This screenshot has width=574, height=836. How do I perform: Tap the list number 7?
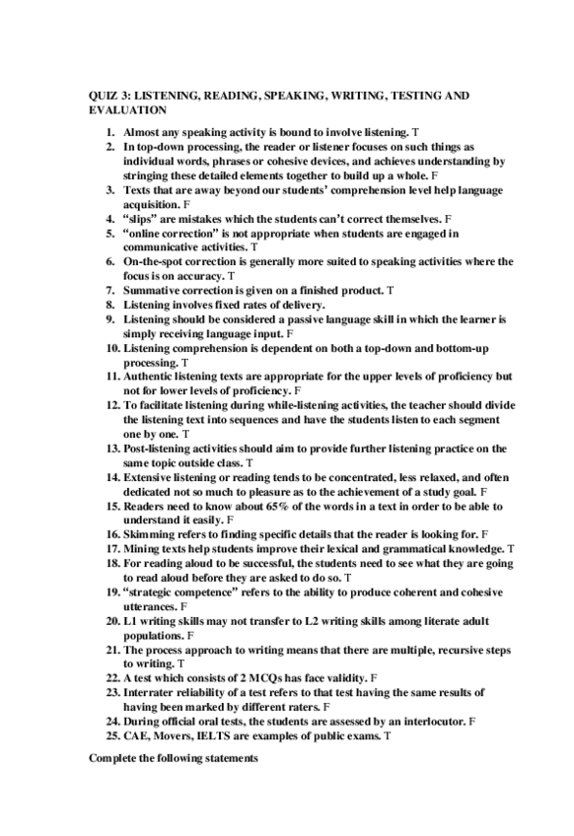(111, 291)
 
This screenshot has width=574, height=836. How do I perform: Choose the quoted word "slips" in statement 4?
(139, 217)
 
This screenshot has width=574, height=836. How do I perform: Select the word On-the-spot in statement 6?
(156, 261)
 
